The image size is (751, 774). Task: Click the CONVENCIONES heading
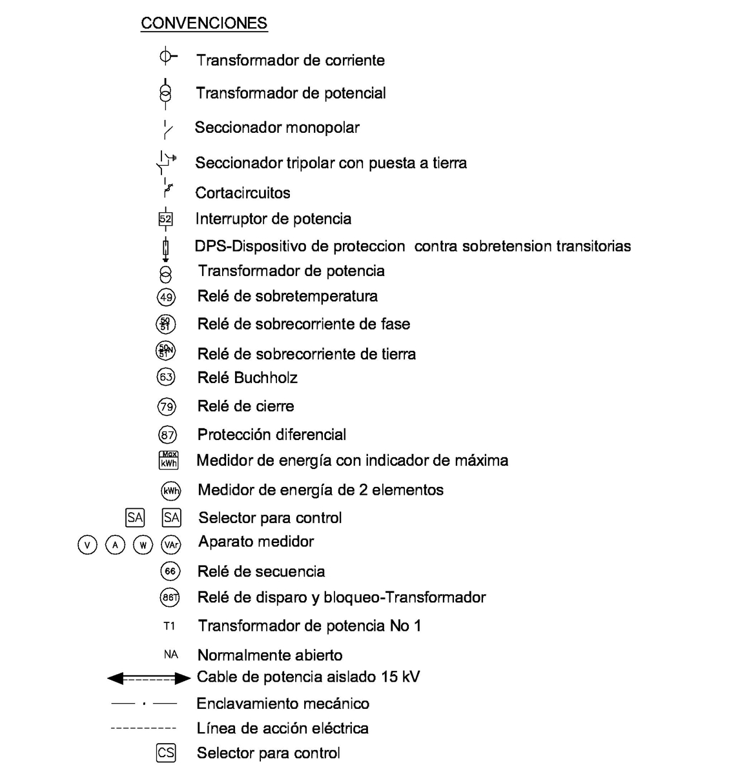coord(204,23)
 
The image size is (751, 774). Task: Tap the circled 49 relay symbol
coord(167,297)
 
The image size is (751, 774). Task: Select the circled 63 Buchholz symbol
coord(167,377)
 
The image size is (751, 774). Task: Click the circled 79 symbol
coord(167,406)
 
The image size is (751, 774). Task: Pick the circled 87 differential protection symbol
coord(167,435)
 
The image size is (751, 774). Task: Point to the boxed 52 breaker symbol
coord(166,219)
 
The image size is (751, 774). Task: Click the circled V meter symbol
coord(87,545)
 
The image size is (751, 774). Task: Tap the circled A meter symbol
coord(115,545)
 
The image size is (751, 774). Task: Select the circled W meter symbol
coord(143,545)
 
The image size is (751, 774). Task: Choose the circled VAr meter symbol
coord(171,545)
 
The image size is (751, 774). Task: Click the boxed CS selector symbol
coord(166,753)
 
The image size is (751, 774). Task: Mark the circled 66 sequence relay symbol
coord(170,571)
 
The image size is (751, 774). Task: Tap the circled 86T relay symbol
coord(169,598)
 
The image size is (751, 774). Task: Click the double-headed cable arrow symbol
coord(149,678)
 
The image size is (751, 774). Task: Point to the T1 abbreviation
coord(169,626)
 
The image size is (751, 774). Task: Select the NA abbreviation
coord(170,655)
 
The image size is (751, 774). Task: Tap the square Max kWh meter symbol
coord(169,461)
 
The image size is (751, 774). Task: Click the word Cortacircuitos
coord(243,193)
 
